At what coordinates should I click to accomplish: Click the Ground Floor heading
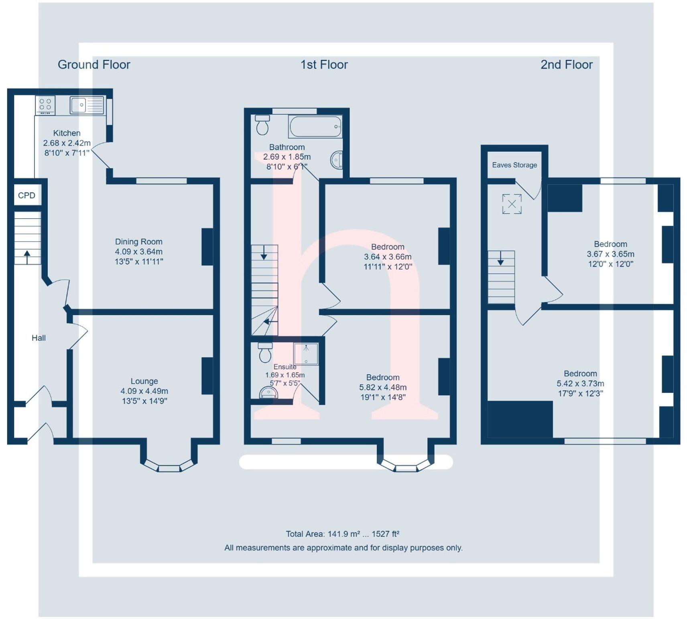tap(94, 65)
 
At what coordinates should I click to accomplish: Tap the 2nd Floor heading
tap(566, 65)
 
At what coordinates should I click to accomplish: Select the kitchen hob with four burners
tap(45, 105)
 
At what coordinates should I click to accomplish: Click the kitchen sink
tap(87, 105)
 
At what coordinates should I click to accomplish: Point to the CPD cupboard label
tap(26, 195)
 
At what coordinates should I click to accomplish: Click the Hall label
tap(39, 338)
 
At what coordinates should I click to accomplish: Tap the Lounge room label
tap(144, 381)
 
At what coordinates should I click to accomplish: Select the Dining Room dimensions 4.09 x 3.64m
tap(139, 252)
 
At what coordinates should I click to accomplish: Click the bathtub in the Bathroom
tap(315, 126)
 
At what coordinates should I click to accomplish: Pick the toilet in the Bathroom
tap(262, 125)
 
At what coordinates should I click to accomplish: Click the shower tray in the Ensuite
tap(306, 354)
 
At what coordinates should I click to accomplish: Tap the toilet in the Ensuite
tap(265, 353)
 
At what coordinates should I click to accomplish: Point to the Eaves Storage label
tap(514, 165)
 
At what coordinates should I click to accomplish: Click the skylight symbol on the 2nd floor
tap(512, 204)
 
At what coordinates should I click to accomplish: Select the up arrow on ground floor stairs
tap(27, 257)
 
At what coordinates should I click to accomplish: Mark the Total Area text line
tap(342, 534)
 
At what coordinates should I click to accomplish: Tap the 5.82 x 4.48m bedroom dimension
tap(383, 387)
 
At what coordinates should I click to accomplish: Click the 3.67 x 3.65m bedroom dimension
tap(610, 254)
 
